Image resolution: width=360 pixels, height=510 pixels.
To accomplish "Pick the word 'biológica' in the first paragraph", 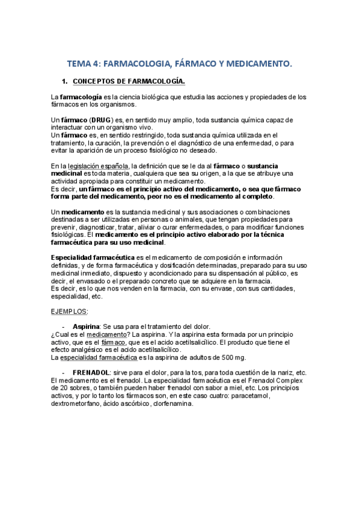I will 162,97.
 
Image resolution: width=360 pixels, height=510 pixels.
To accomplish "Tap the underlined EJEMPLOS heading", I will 69,311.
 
